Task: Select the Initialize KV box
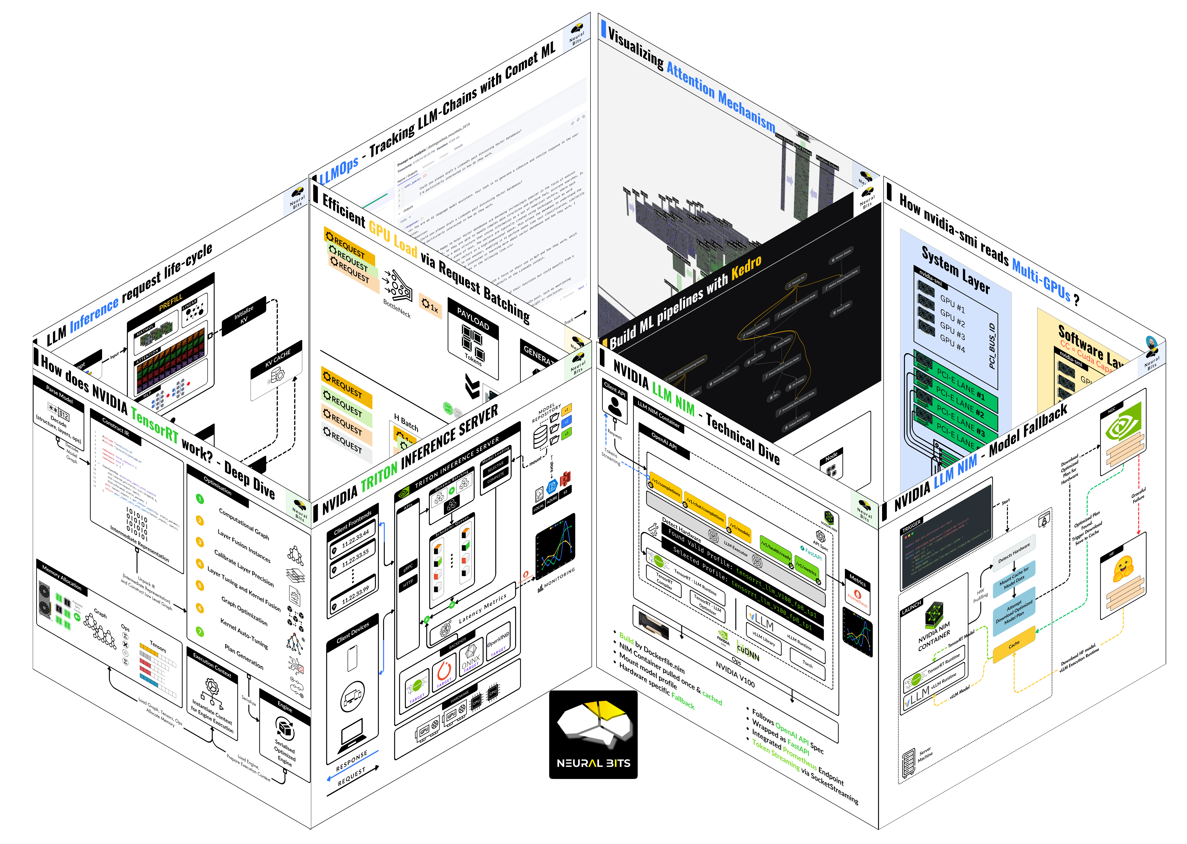(x=244, y=315)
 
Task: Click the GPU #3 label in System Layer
(x=952, y=332)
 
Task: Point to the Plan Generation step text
(x=244, y=656)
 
